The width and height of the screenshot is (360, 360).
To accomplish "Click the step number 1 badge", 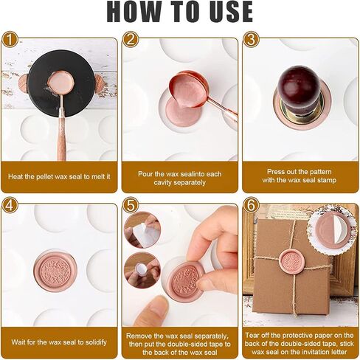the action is coord(10,39).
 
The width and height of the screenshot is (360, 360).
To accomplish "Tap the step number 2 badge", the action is coord(131,39).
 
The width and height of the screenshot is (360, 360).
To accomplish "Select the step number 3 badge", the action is coord(251,39).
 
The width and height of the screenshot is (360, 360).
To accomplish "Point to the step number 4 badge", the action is coord(10,205).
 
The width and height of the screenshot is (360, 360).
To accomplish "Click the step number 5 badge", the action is coord(131,205).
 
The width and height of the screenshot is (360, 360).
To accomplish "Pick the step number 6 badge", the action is coord(251,205).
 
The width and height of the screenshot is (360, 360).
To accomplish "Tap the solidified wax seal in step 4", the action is coord(55,271).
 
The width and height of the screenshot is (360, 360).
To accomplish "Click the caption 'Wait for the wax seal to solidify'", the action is coord(59,342).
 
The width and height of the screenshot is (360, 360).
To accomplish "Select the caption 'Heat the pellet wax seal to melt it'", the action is coord(59,176).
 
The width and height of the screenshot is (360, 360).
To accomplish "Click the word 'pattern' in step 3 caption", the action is coord(320,172).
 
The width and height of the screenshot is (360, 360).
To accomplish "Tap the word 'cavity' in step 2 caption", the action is coord(163,183).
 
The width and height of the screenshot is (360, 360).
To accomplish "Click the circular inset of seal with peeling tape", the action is coord(332,230).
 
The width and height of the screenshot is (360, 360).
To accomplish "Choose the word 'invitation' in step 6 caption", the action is coord(311,352).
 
